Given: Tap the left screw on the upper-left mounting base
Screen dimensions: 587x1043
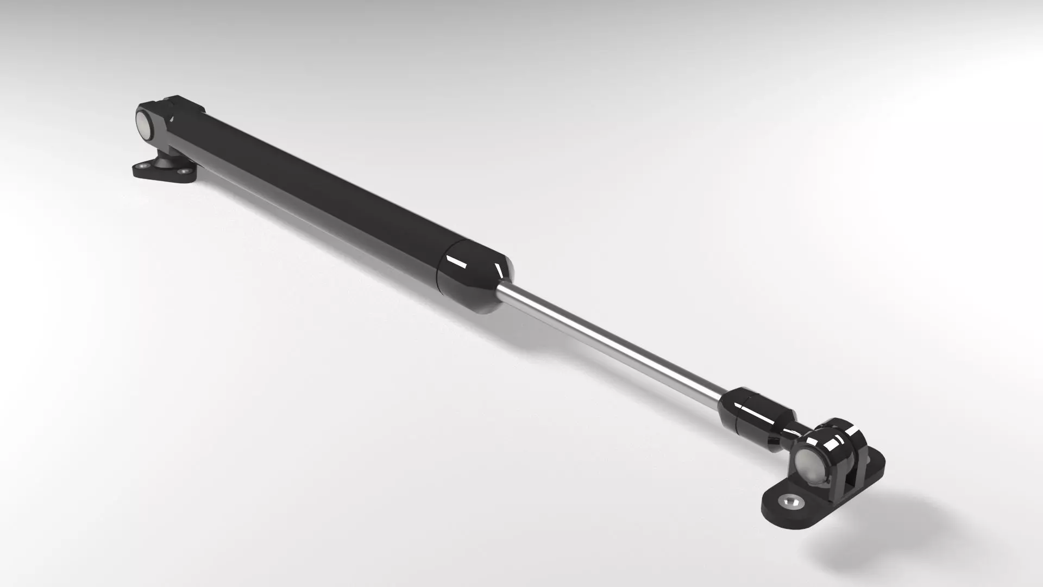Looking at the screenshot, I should (143, 165).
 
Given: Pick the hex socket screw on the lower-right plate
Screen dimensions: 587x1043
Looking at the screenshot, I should (791, 502).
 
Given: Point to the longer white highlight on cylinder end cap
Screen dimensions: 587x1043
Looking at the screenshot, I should (456, 263).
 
